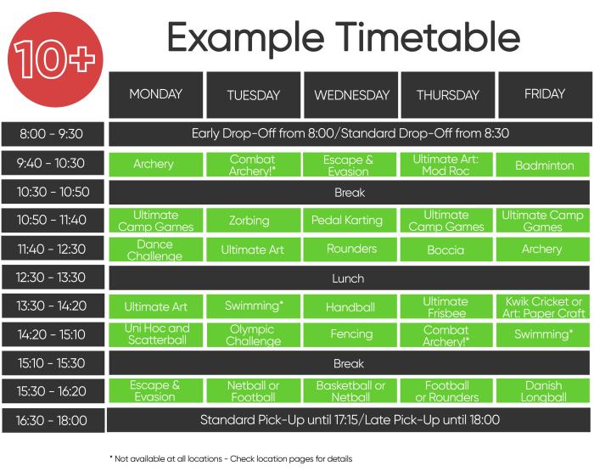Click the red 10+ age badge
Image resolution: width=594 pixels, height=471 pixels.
click(55, 59)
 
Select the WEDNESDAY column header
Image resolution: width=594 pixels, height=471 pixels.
click(350, 95)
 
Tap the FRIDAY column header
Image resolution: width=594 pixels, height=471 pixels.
click(545, 95)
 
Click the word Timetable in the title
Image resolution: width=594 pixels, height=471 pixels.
click(428, 37)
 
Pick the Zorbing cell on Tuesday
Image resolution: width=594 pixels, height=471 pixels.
click(254, 221)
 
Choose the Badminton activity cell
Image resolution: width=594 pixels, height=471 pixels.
click(543, 165)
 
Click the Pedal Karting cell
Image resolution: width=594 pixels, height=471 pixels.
click(350, 221)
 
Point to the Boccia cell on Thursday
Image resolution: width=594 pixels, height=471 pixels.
click(446, 250)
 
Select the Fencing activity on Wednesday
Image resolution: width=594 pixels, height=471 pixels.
click(350, 334)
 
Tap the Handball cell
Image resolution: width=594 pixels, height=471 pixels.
click(350, 306)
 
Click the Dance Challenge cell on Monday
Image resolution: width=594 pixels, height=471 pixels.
click(155, 250)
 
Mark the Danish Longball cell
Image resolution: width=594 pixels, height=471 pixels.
click(543, 390)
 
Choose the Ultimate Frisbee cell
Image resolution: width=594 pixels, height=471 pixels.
click(446, 306)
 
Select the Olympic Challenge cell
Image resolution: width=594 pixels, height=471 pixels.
click(254, 334)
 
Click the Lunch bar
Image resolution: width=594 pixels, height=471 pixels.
click(350, 278)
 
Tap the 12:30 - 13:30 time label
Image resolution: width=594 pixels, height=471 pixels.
click(53, 278)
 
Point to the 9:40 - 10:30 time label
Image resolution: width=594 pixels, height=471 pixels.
click(53, 163)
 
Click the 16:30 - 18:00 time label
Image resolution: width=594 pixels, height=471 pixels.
click(53, 420)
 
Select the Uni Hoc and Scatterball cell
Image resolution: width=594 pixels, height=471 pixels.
click(155, 334)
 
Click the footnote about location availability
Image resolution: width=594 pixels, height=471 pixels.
click(231, 459)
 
